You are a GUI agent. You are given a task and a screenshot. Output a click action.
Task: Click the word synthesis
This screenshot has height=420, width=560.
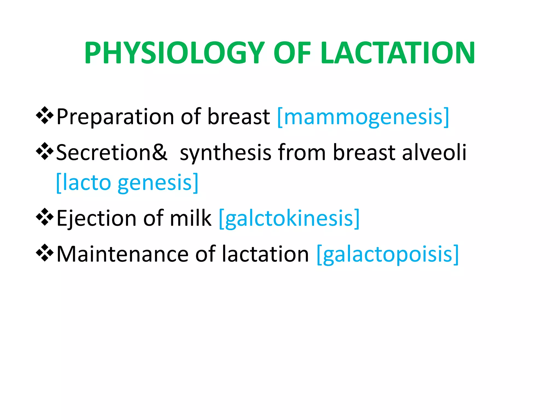(226, 153)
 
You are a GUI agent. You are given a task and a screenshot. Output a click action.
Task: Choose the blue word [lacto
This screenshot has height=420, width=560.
(83, 183)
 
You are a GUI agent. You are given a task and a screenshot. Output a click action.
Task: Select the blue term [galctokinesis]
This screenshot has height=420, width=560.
(289, 219)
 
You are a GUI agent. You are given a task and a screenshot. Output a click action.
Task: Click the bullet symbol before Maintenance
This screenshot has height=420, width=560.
(45, 253)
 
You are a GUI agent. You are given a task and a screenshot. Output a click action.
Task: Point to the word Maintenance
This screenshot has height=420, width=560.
(122, 254)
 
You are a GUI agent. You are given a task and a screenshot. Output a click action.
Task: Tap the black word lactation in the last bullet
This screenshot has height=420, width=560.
(265, 254)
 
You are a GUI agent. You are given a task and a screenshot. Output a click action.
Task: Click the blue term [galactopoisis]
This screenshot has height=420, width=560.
(387, 255)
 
